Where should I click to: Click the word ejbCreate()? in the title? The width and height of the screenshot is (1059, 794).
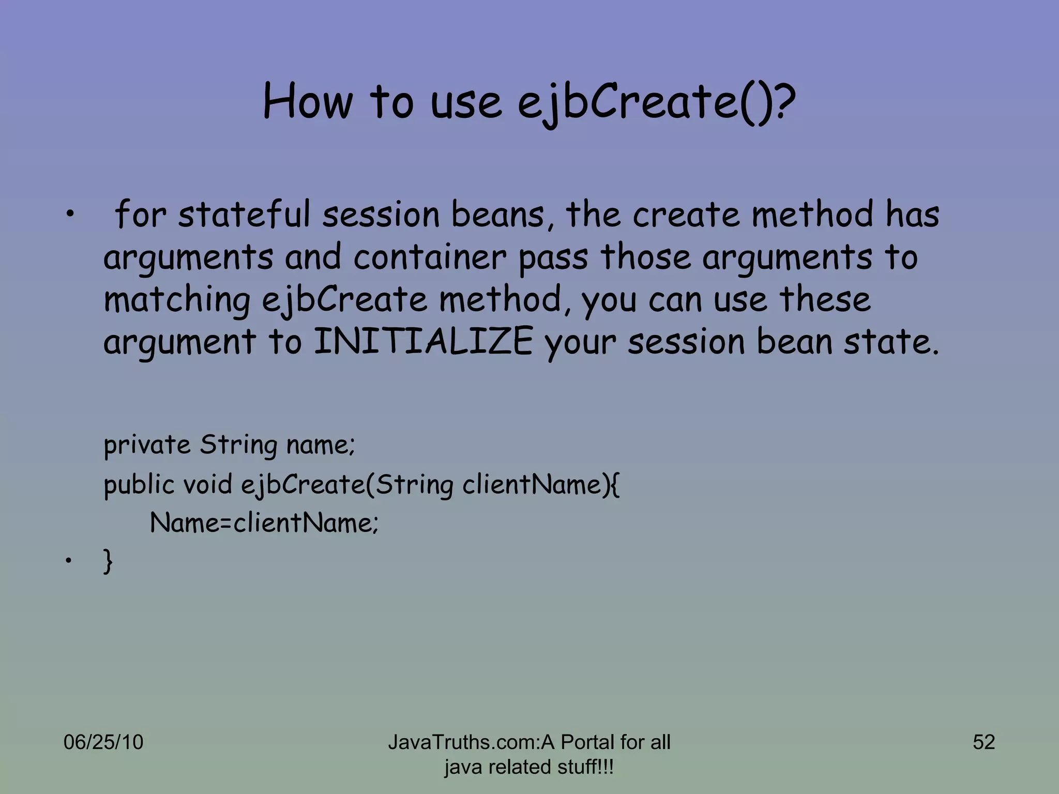click(x=656, y=102)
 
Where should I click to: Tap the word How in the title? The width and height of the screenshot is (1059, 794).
click(x=307, y=102)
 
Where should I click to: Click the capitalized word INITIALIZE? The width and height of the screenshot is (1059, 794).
click(x=423, y=342)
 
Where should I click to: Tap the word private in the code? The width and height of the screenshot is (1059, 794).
click(x=147, y=446)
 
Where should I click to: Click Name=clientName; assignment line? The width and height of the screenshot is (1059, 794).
click(x=264, y=523)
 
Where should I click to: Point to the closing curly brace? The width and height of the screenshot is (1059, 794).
click(x=108, y=561)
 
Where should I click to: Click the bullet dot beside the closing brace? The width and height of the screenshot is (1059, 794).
click(x=67, y=561)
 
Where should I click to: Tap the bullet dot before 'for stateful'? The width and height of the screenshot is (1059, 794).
click(x=67, y=215)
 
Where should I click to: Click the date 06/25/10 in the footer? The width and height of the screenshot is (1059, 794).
click(x=103, y=742)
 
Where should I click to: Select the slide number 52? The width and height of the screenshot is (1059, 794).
click(x=984, y=742)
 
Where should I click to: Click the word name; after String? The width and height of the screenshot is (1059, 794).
click(x=320, y=446)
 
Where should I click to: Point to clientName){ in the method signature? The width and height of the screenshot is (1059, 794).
click(x=540, y=484)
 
